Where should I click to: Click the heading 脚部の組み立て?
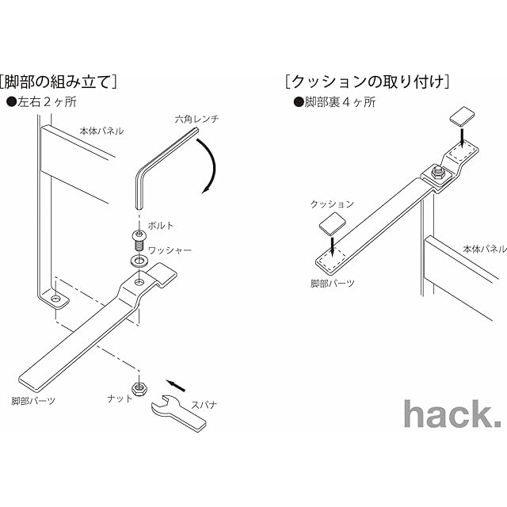[59, 82]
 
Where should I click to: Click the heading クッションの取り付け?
[368, 82]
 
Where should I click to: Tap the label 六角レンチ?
[197, 120]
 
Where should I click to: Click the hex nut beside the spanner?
[139, 389]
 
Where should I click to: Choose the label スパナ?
[214, 404]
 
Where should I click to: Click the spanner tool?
[177, 410]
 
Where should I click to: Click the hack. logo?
[451, 414]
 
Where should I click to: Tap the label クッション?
[332, 204]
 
